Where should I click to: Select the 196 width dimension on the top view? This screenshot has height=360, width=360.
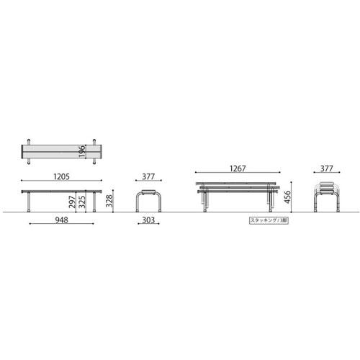coord(83,152)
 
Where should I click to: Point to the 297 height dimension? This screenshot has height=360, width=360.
coord(74,202)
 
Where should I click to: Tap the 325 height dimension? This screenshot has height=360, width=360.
coord(83,202)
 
